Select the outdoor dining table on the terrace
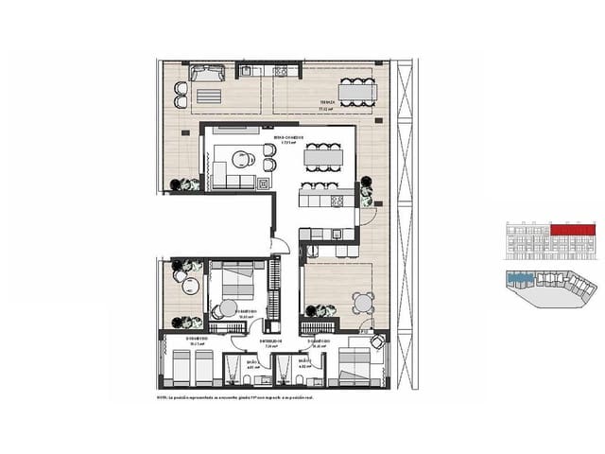[x=356, y=92]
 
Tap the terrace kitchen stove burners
[x=279, y=73]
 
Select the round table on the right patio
[x=361, y=303]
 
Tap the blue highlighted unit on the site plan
[x=518, y=280]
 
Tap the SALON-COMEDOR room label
[x=288, y=138]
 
